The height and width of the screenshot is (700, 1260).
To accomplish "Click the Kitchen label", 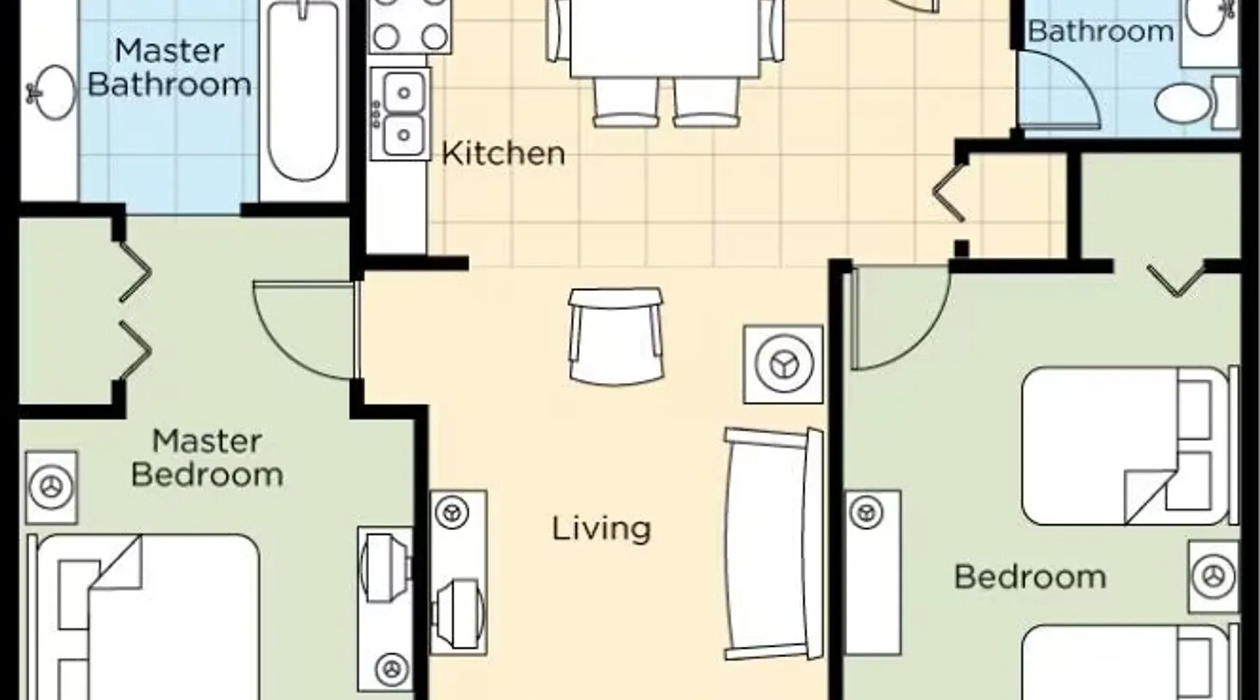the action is (503, 153).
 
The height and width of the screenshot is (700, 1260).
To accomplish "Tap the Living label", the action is (601, 529).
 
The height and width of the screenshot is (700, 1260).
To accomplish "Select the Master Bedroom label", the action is (207, 458).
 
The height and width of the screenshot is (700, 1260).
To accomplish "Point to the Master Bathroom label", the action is (169, 67).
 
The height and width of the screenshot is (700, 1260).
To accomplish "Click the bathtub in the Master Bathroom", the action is (303, 91).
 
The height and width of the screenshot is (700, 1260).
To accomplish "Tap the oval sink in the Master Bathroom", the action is (50, 92).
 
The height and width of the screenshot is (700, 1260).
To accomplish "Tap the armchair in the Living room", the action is (615, 335).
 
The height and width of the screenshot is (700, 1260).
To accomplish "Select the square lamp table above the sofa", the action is (783, 364).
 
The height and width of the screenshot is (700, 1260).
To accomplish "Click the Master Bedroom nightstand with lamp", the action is (51, 487).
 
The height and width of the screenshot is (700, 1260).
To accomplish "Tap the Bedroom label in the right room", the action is (1030, 577).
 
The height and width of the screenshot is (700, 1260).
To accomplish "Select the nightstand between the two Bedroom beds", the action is (1214, 577).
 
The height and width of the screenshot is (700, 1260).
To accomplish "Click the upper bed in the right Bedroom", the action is (1128, 446).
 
